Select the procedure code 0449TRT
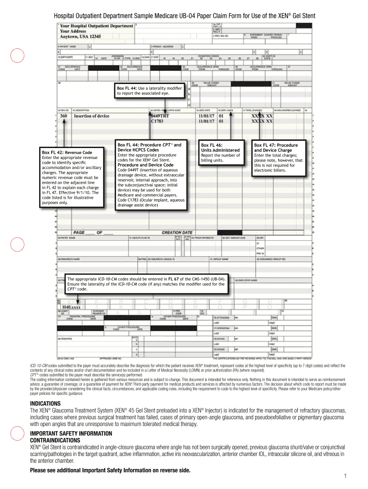pyautogui.click(x=162, y=116)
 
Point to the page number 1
pyautogui.click(x=345, y=477)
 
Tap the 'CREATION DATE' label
pyautogui.click(x=177, y=233)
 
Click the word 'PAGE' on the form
pyautogui.click(x=79, y=233)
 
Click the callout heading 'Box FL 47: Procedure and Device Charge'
pyautogui.click(x=276, y=148)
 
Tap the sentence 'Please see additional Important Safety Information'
pyautogui.click(x=110, y=470)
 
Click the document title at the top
pyautogui.click(x=184, y=16)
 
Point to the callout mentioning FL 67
pyautogui.click(x=147, y=284)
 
